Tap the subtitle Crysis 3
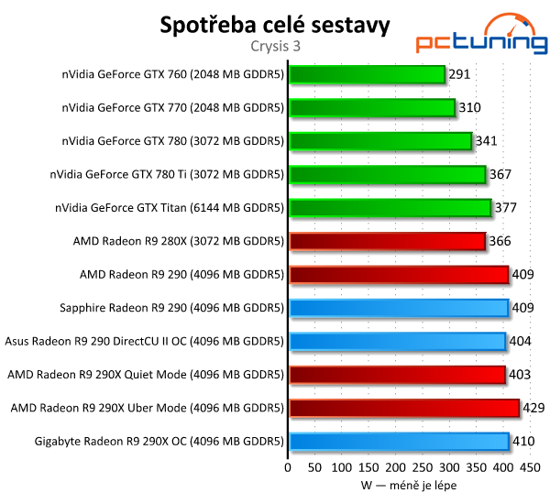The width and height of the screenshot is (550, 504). (x=275, y=45)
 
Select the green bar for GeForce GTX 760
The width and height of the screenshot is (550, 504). (x=367, y=74)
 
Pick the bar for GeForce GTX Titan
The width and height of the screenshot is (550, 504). (x=390, y=208)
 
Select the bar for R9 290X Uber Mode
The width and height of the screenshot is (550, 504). (x=404, y=408)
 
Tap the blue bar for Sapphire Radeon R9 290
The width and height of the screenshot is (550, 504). (x=399, y=308)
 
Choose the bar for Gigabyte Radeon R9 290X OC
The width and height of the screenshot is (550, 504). (x=399, y=442)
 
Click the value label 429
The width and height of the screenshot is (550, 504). (x=534, y=408)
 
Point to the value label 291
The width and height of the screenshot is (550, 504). (x=461, y=74)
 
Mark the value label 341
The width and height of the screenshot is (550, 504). (x=488, y=141)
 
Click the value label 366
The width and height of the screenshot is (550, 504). (x=500, y=241)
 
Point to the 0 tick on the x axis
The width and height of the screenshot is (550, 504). (x=289, y=467)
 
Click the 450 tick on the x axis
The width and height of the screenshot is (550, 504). (x=529, y=467)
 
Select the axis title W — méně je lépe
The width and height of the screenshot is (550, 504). (x=409, y=486)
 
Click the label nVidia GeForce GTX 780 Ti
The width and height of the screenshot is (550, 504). (x=169, y=174)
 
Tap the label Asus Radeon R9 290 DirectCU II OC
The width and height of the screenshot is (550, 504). (x=145, y=341)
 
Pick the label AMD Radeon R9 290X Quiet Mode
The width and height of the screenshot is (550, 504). (x=147, y=375)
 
